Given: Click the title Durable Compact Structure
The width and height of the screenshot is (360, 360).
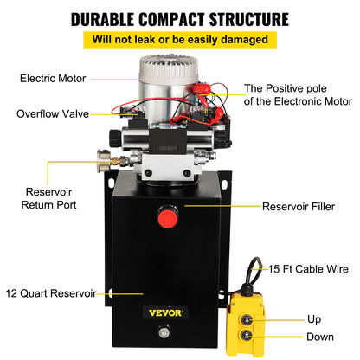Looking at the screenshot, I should click(179, 17).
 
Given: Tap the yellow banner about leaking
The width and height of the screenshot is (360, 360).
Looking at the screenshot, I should click(179, 40).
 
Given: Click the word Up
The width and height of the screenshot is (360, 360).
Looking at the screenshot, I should click(313, 319).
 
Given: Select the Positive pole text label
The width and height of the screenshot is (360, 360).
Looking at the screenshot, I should click(293, 95).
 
